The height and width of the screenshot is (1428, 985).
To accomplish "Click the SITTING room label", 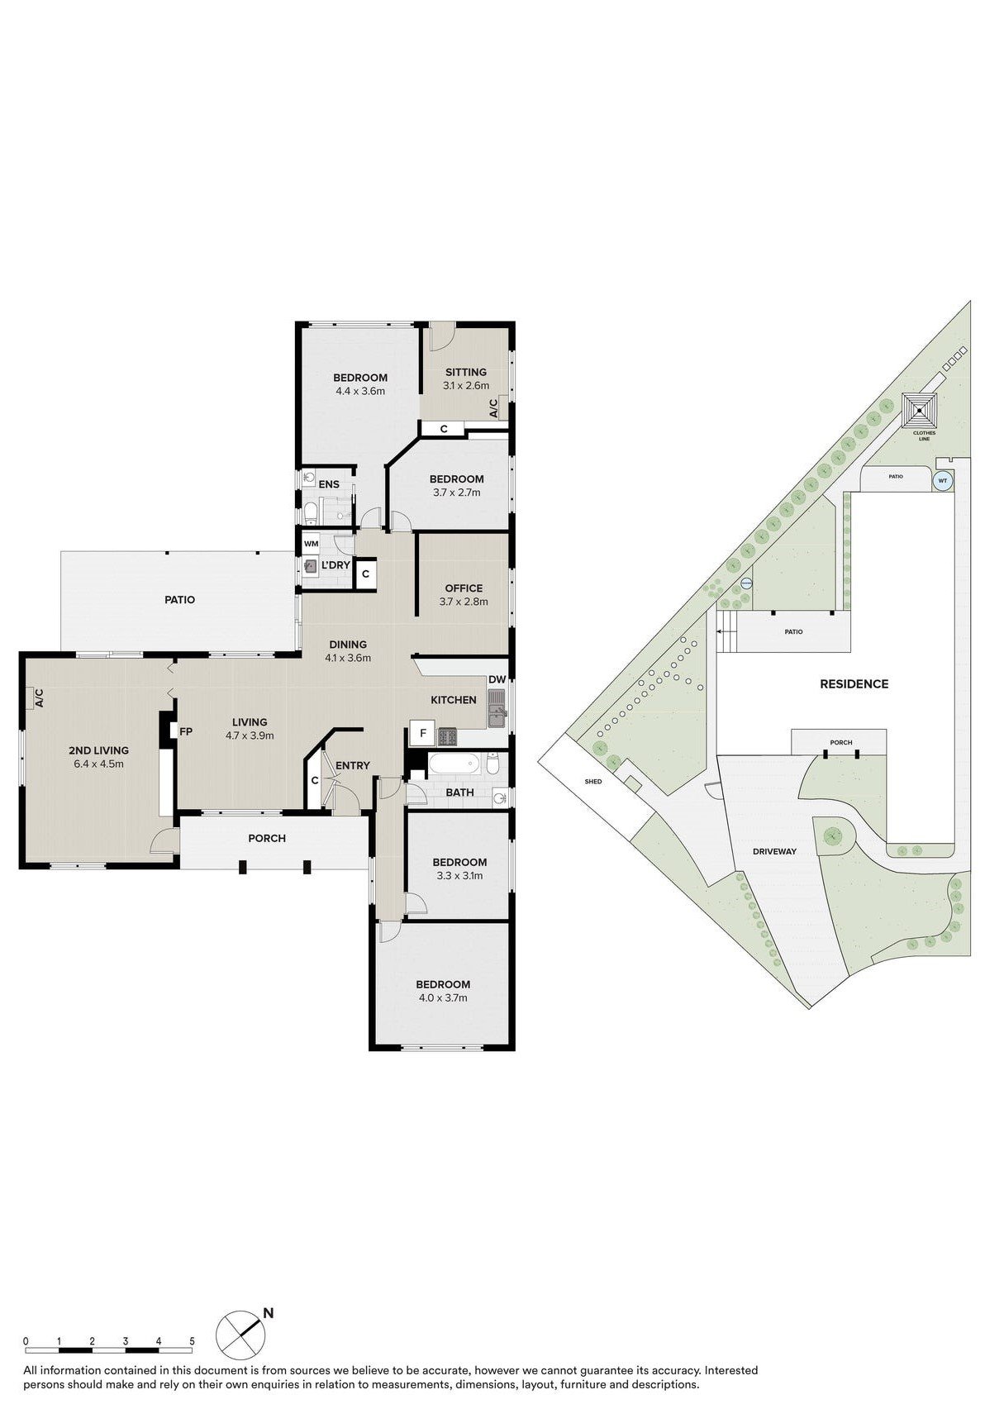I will (465, 372).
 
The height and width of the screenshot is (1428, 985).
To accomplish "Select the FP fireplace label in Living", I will (186, 731).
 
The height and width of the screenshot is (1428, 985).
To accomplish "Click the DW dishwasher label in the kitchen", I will (497, 679).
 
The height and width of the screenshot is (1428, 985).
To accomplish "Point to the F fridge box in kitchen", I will (422, 733).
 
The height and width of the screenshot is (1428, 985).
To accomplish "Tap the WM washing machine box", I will (311, 544).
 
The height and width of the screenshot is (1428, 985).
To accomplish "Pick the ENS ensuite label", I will (329, 484).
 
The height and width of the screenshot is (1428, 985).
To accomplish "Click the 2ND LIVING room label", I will (98, 750).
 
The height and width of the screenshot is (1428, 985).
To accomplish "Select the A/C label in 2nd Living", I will (38, 698).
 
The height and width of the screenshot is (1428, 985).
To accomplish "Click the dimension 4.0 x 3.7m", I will (443, 997).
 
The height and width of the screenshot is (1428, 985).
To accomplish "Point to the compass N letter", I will (269, 1312).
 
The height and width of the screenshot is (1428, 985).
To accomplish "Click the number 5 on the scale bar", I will (192, 1341).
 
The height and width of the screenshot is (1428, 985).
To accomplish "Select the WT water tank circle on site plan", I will (942, 480).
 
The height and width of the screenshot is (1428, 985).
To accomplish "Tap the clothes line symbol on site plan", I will (920, 408).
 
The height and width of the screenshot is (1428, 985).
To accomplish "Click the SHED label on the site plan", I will (593, 781).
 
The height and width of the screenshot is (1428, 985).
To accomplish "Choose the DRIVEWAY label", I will (774, 851).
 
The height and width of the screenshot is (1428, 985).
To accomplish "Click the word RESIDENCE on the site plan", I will (854, 684).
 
